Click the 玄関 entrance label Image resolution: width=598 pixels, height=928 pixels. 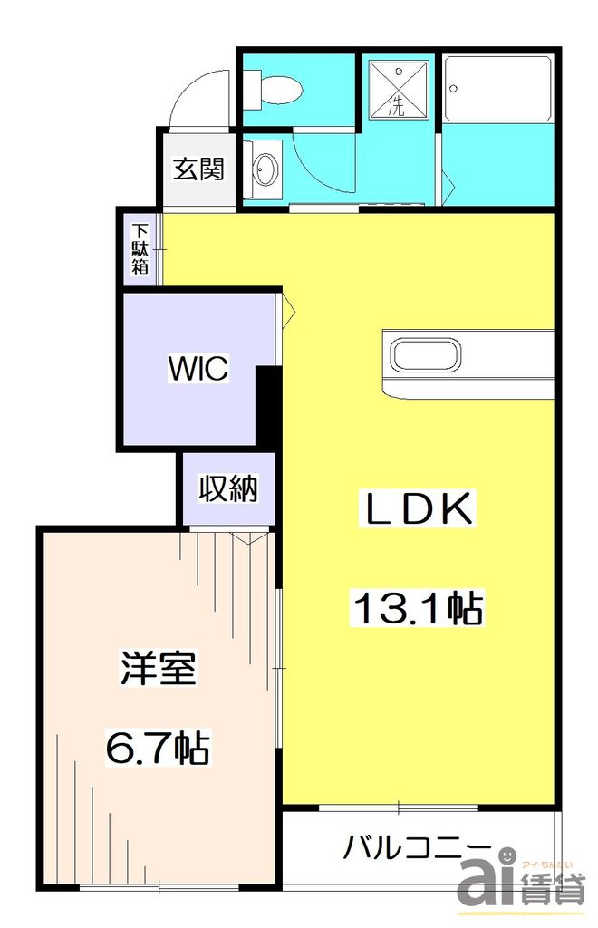(x=198, y=169)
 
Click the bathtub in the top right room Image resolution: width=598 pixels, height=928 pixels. (x=497, y=90)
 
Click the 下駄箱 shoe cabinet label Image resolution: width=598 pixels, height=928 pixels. (x=140, y=248)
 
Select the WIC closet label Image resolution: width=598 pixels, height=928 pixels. (x=198, y=369)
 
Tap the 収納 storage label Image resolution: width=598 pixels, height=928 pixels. (x=228, y=489)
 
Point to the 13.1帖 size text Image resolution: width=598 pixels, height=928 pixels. (x=417, y=608)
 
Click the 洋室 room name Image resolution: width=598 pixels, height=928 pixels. (x=158, y=672)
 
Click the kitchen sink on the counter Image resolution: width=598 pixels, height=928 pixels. (x=426, y=353)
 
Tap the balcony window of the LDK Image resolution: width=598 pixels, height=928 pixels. (x=399, y=806)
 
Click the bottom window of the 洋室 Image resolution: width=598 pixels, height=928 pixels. (x=159, y=885)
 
